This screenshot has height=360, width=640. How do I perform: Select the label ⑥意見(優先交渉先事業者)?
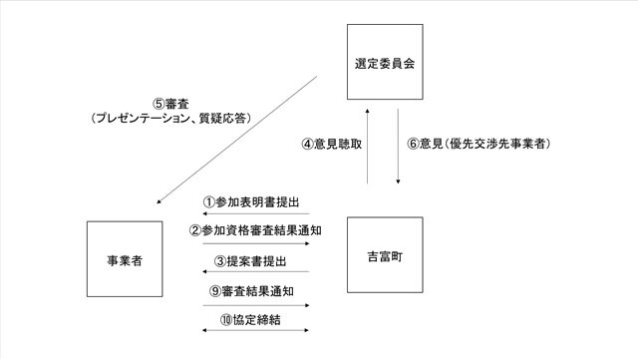click(479, 144)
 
